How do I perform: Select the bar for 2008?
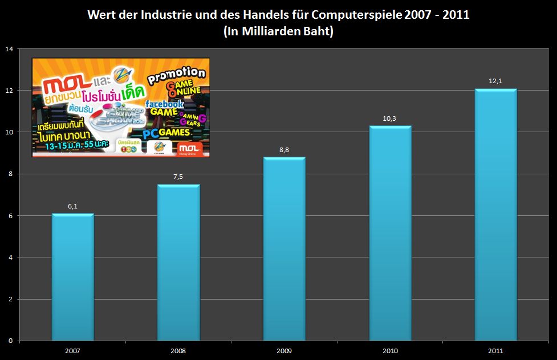pos(178,263)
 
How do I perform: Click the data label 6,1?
pos(72,206)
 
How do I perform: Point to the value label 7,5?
pos(178,177)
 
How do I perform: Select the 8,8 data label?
pos(284,150)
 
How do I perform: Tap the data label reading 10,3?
pos(390,118)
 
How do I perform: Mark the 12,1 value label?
pos(495,81)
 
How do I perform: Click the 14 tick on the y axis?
pos(9,49)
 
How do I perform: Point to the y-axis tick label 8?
pos(10,174)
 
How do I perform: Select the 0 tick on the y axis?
pos(10,341)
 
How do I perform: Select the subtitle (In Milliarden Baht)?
pos(278,32)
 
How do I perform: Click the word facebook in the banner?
pos(164,104)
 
